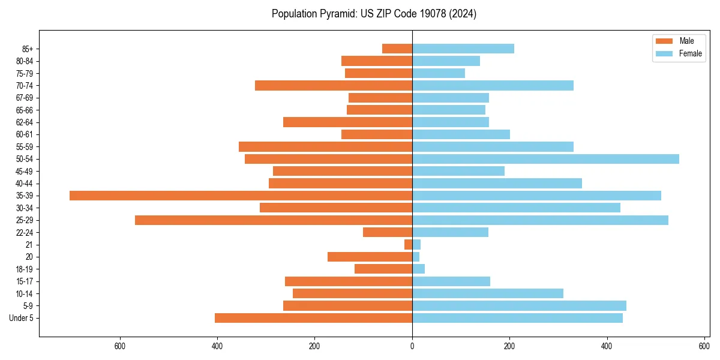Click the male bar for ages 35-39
(x=241, y=196)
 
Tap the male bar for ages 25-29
(x=274, y=220)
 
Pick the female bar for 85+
(x=463, y=49)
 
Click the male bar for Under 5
(x=313, y=318)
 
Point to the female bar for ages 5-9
(x=519, y=306)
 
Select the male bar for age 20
(x=370, y=257)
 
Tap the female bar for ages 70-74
(x=493, y=86)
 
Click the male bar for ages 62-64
(x=347, y=122)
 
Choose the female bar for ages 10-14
(x=487, y=293)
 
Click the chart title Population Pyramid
(x=374, y=14)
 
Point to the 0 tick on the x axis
(x=412, y=346)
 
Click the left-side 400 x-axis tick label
(x=217, y=346)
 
